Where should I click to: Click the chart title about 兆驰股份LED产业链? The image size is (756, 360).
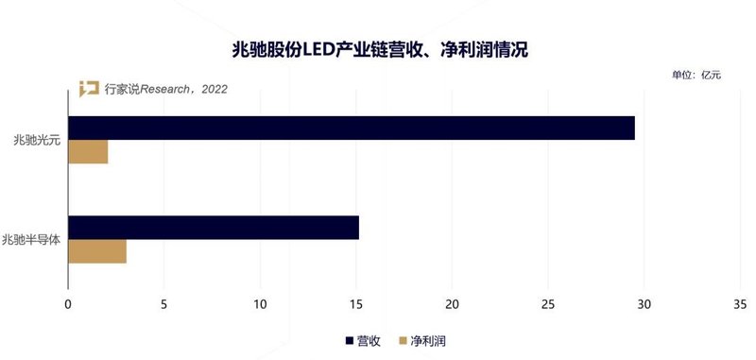point(378,48)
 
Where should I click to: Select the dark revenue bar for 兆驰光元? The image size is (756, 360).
point(352,129)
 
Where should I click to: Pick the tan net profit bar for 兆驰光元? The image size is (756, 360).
point(88,152)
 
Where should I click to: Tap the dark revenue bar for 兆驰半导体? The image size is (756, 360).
point(214,228)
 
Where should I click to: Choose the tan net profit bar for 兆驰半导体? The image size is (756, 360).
point(97,251)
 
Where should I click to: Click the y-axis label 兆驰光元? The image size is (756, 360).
point(31,140)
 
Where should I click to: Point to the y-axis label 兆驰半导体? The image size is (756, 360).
point(31,240)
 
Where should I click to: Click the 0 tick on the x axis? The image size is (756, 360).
point(68,304)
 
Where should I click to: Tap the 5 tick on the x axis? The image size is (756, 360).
point(164,304)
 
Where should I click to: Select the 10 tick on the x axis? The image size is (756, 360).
point(260,304)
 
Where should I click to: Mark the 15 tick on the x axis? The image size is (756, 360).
point(356,304)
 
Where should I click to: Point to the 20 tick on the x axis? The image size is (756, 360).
point(452,304)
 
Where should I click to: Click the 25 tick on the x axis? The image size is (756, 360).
point(548,304)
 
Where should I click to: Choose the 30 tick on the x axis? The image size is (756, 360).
point(644,304)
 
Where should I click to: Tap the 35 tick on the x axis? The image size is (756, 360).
point(740,304)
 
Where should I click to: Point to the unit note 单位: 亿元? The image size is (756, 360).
point(696,75)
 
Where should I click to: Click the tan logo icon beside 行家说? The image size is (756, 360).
point(89,90)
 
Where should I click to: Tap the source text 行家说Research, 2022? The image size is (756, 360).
point(165,90)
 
